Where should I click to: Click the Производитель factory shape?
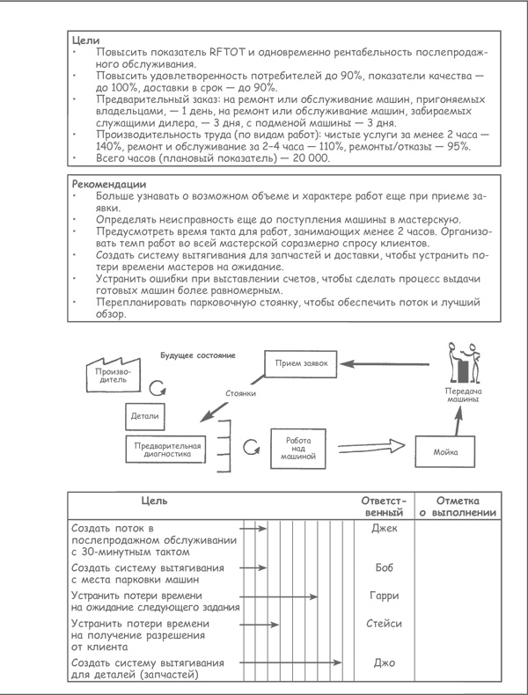102,374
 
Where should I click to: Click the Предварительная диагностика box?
167,450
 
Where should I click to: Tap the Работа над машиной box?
298,448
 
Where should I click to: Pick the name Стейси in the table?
385,624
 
